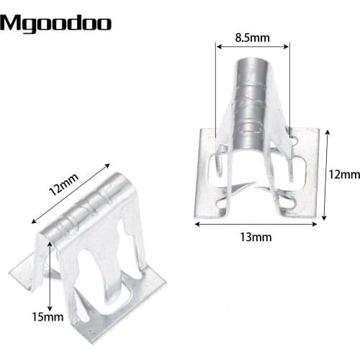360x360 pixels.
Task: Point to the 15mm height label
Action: pyautogui.click(x=32, y=315)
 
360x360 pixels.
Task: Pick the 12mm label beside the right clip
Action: pyautogui.click(x=344, y=175)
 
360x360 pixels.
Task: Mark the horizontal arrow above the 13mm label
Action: pyautogui.click(x=255, y=224)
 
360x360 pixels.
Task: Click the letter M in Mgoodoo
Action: pyautogui.click(x=10, y=23)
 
